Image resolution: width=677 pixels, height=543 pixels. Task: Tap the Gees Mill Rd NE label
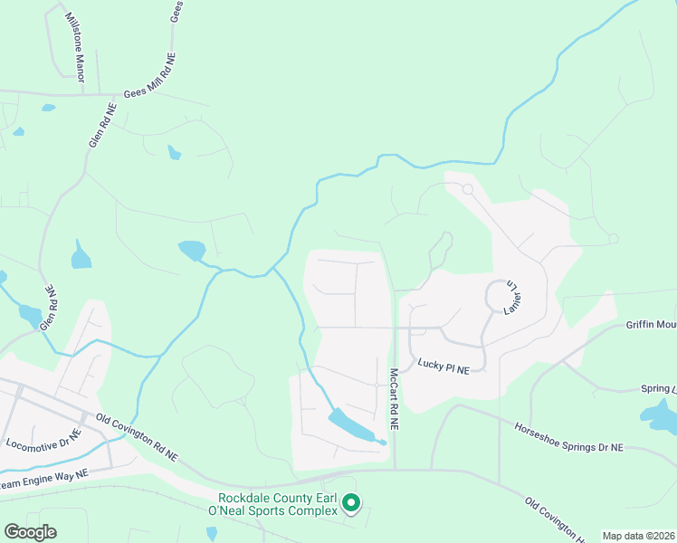149,80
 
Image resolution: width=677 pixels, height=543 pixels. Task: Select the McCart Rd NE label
395,397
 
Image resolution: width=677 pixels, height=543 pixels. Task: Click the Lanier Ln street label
514,296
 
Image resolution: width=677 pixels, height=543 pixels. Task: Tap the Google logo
29,532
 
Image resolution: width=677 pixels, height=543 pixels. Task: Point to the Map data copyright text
638,536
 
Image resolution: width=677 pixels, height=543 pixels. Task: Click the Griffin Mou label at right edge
651,324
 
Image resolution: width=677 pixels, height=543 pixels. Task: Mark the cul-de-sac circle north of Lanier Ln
467,189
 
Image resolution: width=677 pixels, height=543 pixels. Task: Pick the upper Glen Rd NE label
102,126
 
